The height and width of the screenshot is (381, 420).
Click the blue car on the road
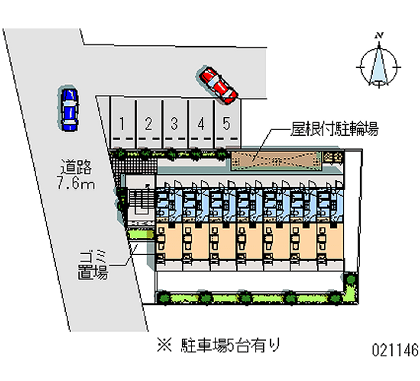[68, 109]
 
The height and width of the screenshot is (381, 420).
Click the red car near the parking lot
[218, 84]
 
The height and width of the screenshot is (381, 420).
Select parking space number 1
[122, 125]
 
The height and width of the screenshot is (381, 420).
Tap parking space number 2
[149, 125]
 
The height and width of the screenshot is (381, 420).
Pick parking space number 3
[175, 125]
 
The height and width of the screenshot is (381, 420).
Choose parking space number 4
[201, 125]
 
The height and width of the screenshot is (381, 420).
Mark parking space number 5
[227, 125]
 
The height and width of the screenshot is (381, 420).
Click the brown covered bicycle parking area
[276, 160]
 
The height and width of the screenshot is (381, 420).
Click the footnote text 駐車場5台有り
[230, 345]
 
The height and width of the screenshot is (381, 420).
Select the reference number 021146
[394, 350]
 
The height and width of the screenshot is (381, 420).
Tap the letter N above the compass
[378, 35]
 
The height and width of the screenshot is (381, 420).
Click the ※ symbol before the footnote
[163, 346]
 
